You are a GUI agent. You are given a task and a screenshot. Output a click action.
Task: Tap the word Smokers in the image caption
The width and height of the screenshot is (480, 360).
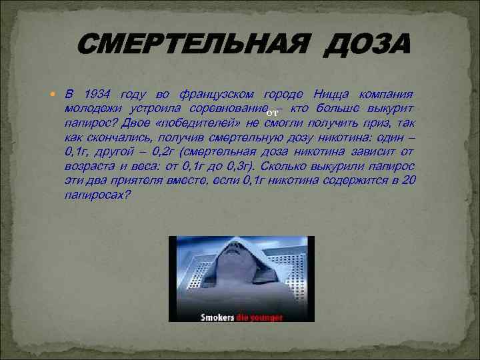point(218,317)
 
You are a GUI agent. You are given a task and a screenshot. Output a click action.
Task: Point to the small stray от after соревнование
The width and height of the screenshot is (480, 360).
point(272,115)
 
